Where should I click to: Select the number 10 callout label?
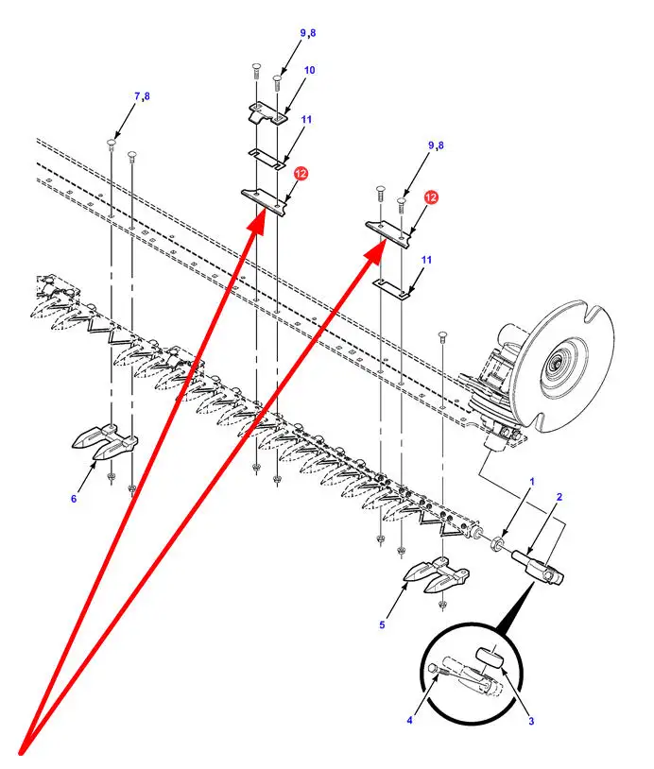[309, 71]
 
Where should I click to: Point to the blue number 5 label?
[382, 624]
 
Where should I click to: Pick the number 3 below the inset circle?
[531, 721]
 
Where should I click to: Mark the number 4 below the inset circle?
[410, 720]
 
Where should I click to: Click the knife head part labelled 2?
[538, 568]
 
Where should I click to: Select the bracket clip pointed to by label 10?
[268, 115]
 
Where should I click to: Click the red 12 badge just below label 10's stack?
[301, 174]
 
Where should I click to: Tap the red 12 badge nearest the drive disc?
[431, 197]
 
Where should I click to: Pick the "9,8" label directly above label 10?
[308, 33]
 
